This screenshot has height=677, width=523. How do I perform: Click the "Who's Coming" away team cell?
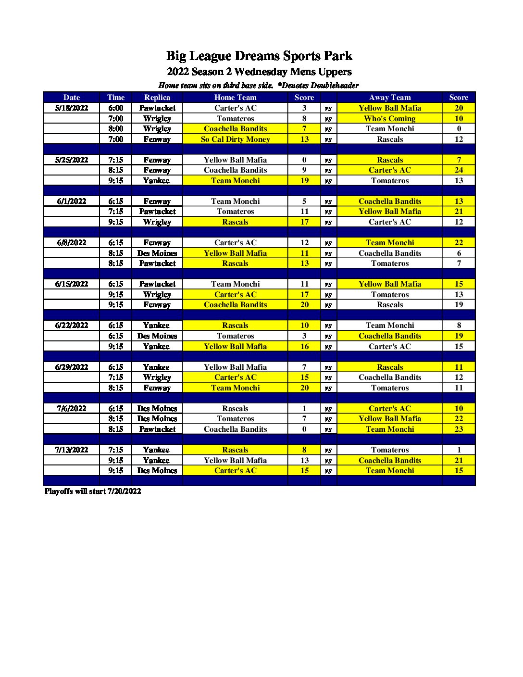coord(389,118)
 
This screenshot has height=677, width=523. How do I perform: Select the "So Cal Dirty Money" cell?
coord(235,139)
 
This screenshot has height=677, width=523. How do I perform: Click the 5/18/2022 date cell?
coord(72,108)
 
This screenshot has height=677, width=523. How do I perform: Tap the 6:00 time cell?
coord(115,108)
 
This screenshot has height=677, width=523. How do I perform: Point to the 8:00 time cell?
coord(115,128)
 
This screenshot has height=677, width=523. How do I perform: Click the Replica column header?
coord(157,97)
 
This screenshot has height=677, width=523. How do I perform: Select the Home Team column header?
coord(235,97)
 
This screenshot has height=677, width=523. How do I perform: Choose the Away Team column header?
coord(389,97)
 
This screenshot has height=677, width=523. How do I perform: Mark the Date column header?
coord(72,97)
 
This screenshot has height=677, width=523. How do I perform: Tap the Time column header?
coord(115,97)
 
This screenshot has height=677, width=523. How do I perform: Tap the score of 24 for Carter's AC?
coord(459,170)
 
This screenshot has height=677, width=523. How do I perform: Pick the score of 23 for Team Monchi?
coord(459,429)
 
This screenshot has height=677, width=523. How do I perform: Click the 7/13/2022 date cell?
coord(72,450)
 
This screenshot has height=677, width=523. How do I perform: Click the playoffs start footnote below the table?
coord(93,491)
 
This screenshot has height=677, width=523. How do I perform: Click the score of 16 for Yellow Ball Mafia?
coord(304,346)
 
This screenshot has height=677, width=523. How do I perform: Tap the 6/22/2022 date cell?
coord(72,325)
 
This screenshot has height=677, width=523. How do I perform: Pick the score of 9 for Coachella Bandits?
coord(304,170)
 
